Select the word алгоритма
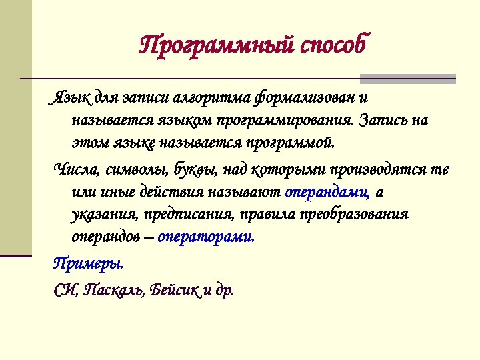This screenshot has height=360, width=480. click(x=211, y=99)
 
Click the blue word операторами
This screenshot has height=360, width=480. click(x=206, y=237)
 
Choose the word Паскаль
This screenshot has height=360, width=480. click(x=114, y=291)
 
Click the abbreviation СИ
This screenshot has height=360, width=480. click(x=64, y=291)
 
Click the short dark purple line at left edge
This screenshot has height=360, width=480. click(x=16, y=255)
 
